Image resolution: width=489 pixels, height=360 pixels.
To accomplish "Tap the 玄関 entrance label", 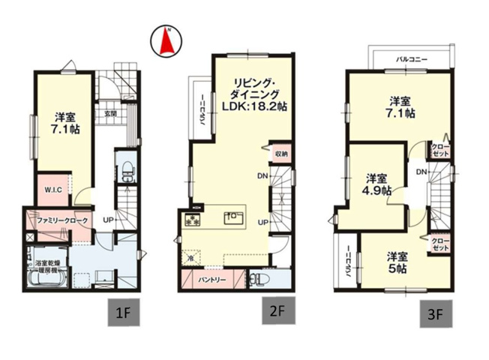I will pos(110,112).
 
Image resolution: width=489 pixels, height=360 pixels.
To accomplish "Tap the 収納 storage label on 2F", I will pos(280,154).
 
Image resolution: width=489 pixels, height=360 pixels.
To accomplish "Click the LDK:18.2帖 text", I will pos(251,107).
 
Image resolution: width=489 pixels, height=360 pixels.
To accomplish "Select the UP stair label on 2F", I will pos(263,222).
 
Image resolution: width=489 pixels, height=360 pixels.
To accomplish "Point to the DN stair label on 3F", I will pos(421,172).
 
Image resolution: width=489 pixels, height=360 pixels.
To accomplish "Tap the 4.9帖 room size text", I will pos(376,192).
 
